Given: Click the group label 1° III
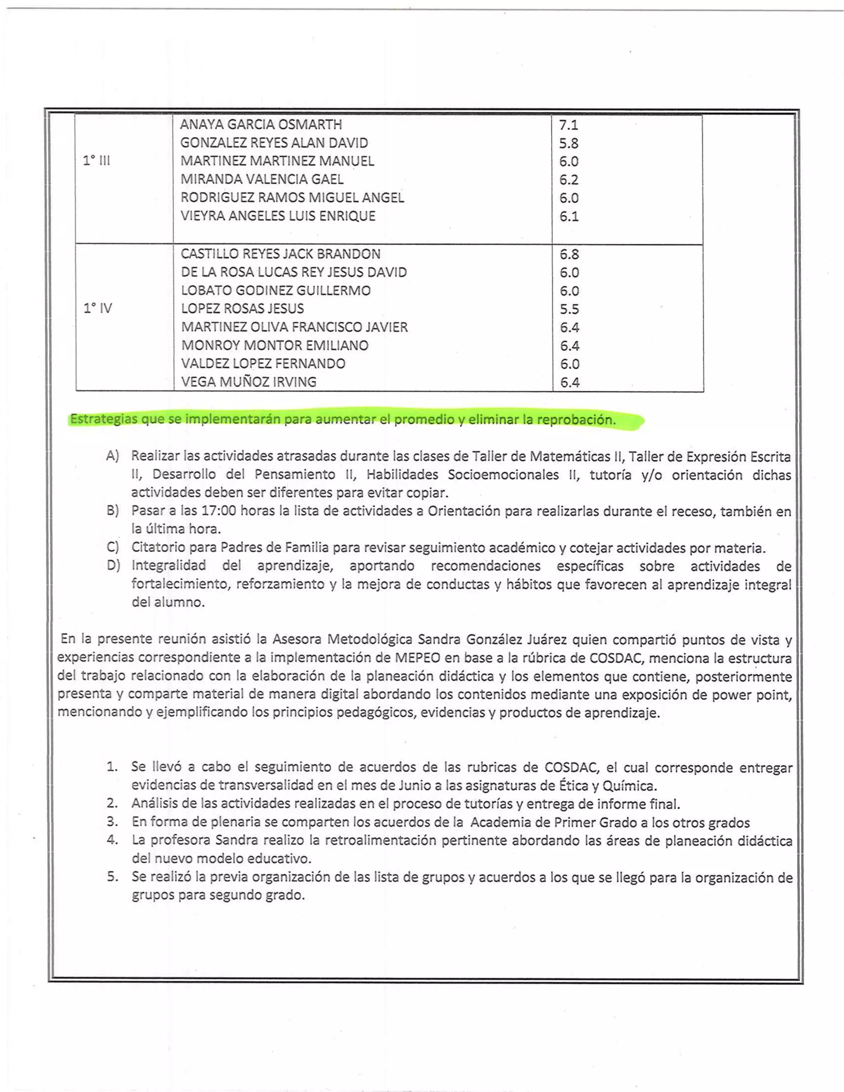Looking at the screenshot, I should pyautogui.click(x=96, y=160).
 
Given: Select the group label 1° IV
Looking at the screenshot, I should pyautogui.click(x=98, y=308).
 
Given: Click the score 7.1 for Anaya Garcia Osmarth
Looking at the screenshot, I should pyautogui.click(x=568, y=125).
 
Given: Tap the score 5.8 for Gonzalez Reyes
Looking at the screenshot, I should pyautogui.click(x=568, y=143).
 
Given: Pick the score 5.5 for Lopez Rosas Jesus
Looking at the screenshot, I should pyautogui.click(x=569, y=309).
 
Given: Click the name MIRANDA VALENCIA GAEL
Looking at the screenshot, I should pyautogui.click(x=262, y=179).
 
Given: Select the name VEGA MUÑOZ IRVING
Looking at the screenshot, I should pyautogui.click(x=249, y=382).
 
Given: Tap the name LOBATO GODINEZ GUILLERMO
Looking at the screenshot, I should pyautogui.click(x=276, y=291).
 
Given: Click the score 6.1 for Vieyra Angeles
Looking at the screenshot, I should pyautogui.click(x=568, y=216).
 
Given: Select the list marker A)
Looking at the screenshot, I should pyautogui.click(x=113, y=456).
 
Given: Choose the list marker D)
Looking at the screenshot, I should pyautogui.click(x=113, y=565).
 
